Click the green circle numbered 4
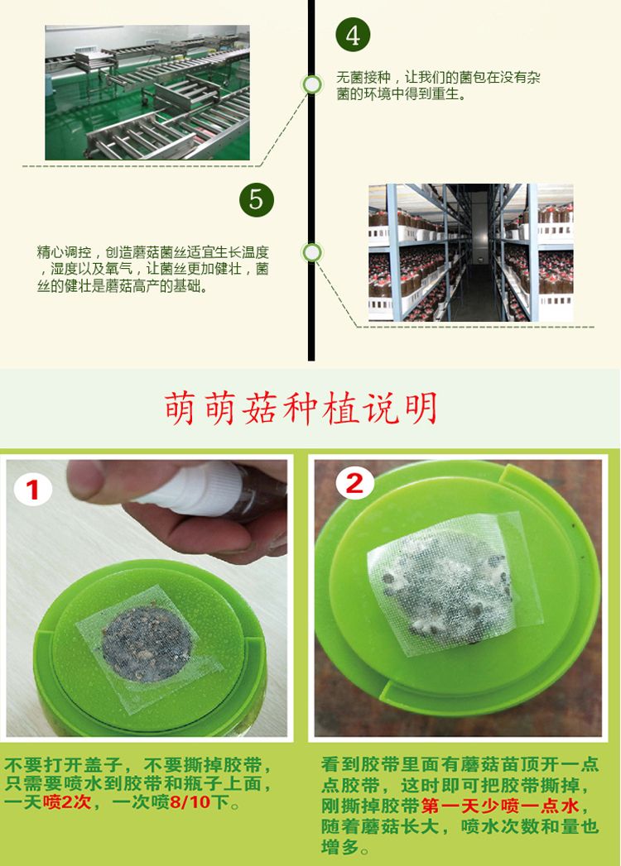pyautogui.click(x=353, y=35)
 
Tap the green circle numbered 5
pyautogui.click(x=257, y=199)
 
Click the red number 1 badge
pyautogui.click(x=33, y=490)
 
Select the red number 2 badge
pyautogui.click(x=354, y=484)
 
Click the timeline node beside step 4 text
pyautogui.click(x=312, y=85)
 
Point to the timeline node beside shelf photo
pyautogui.click(x=312, y=252)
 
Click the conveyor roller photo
pyautogui.click(x=147, y=93)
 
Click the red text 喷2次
pyautogui.click(x=67, y=801)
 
